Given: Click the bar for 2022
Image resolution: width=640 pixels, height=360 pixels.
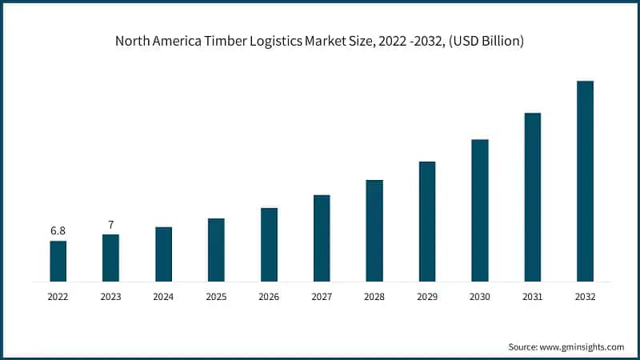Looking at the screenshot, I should pos(58,261).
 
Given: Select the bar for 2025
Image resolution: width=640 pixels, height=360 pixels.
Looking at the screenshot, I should pos(216,250).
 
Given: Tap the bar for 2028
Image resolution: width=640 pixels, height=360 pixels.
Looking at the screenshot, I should pos(374,230).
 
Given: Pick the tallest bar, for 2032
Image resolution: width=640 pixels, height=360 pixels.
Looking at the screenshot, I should pos(585,181).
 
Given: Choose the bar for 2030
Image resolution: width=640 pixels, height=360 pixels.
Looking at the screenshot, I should pos(480,210).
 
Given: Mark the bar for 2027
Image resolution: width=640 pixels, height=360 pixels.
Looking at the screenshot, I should pos(322,238).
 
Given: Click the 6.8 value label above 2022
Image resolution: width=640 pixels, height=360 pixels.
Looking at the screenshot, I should pos(58,230).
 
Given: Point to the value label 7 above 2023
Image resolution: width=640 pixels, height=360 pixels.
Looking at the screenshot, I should pos(110,224).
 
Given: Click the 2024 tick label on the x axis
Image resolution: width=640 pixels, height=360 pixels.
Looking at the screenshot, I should pos(163,296).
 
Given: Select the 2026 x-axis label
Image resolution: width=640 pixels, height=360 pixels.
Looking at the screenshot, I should pos(269,296).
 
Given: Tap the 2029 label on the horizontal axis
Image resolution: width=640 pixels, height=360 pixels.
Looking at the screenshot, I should pos(427,296).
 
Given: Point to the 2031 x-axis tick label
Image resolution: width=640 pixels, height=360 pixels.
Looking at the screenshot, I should pos(533,296).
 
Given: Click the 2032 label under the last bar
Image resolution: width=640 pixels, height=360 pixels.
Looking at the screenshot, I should pos(585,296).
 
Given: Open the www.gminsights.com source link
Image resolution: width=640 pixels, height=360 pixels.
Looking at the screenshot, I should pos(582,346).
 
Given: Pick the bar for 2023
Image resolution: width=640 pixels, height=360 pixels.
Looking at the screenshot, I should pos(110,258).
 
